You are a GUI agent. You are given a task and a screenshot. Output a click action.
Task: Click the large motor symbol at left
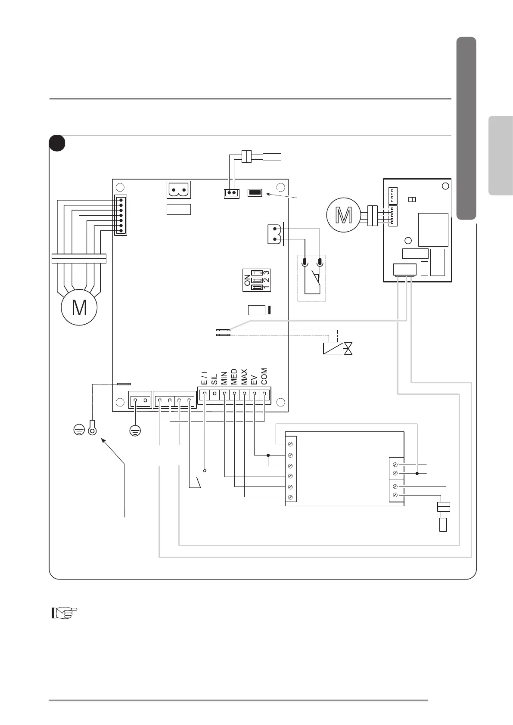point(79,307)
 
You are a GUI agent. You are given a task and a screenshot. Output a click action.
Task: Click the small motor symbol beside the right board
point(343,215)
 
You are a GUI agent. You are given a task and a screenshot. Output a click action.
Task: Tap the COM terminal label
point(264,376)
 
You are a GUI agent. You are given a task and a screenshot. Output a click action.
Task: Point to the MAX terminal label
point(244,377)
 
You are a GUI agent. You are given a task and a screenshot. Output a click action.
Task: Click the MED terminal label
point(234,377)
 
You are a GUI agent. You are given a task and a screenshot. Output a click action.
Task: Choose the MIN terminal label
point(224,378)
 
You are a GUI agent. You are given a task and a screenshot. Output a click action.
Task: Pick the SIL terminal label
point(214,379)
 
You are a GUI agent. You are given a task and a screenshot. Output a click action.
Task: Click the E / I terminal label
point(204,378)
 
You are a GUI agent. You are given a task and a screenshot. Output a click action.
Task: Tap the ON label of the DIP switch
point(247,281)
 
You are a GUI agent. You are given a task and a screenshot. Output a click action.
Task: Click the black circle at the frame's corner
point(57,143)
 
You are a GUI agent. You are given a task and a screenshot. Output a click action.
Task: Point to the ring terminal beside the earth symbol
point(92,429)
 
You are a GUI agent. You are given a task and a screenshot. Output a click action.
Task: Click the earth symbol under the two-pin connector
point(135,429)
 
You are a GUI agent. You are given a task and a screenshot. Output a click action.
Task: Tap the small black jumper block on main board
point(255,192)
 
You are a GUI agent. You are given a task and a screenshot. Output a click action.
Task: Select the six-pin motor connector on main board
point(121,215)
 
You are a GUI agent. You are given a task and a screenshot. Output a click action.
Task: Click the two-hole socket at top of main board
point(179,190)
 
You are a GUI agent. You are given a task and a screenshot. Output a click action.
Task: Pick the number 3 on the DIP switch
point(267,273)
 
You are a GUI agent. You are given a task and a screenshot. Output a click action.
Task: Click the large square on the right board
point(433,229)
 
